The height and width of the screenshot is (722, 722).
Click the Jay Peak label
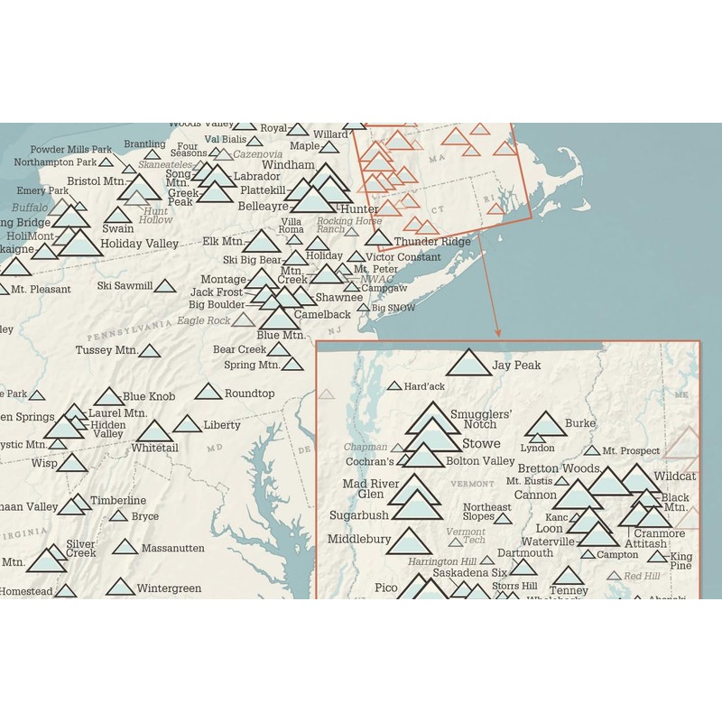[517, 366]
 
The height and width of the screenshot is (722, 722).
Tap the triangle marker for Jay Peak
[468, 363]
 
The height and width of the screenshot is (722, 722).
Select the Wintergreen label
[169, 588]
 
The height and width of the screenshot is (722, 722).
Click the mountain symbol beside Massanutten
[125, 547]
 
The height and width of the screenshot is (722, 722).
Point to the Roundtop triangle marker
[208, 392]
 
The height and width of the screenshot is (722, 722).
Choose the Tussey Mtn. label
[105, 350]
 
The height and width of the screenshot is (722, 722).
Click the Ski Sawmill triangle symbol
[164, 286]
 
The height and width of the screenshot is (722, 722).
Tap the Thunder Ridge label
[432, 241]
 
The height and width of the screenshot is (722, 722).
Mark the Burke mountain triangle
[544, 423]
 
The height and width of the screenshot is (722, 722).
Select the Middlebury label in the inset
[358, 539]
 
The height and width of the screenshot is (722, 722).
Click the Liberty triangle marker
[187, 424]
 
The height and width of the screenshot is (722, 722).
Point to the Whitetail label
[154, 448]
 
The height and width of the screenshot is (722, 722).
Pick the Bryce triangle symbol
[118, 516]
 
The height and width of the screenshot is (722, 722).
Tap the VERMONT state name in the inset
[472, 484]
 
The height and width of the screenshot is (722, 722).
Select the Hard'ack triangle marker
[394, 385]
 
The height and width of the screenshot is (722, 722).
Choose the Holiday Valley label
[140, 244]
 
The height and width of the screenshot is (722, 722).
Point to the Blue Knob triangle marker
[108, 397]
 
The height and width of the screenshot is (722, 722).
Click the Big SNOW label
[393, 308]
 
